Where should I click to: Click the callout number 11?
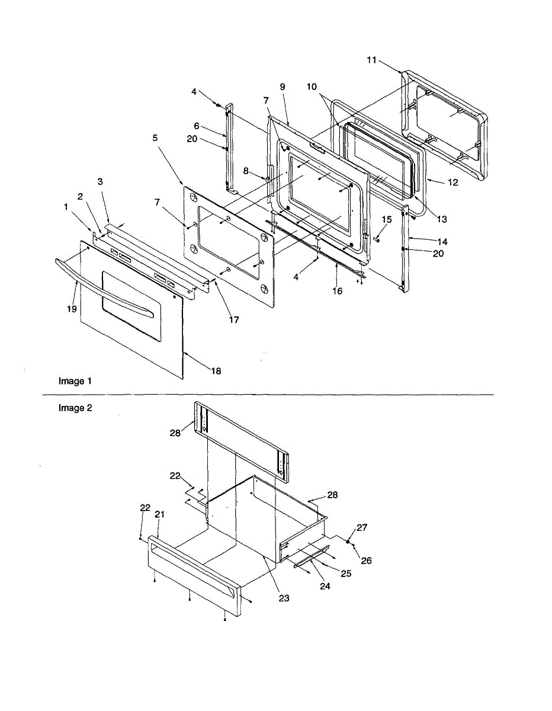click(371, 60)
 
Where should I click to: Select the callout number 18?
click(216, 371)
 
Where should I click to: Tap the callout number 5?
click(155, 137)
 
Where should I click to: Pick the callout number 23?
click(284, 598)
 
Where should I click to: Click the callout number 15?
click(387, 220)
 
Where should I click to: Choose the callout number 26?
click(367, 560)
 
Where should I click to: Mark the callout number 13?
click(442, 219)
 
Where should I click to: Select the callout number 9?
click(283, 87)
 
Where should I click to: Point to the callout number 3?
click(100, 181)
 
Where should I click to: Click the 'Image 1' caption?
click(75, 381)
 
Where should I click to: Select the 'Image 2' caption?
click(75, 408)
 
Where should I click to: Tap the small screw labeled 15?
click(377, 239)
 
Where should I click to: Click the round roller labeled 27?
click(348, 542)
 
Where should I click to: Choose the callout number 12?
click(452, 182)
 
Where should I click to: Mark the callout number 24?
click(325, 587)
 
